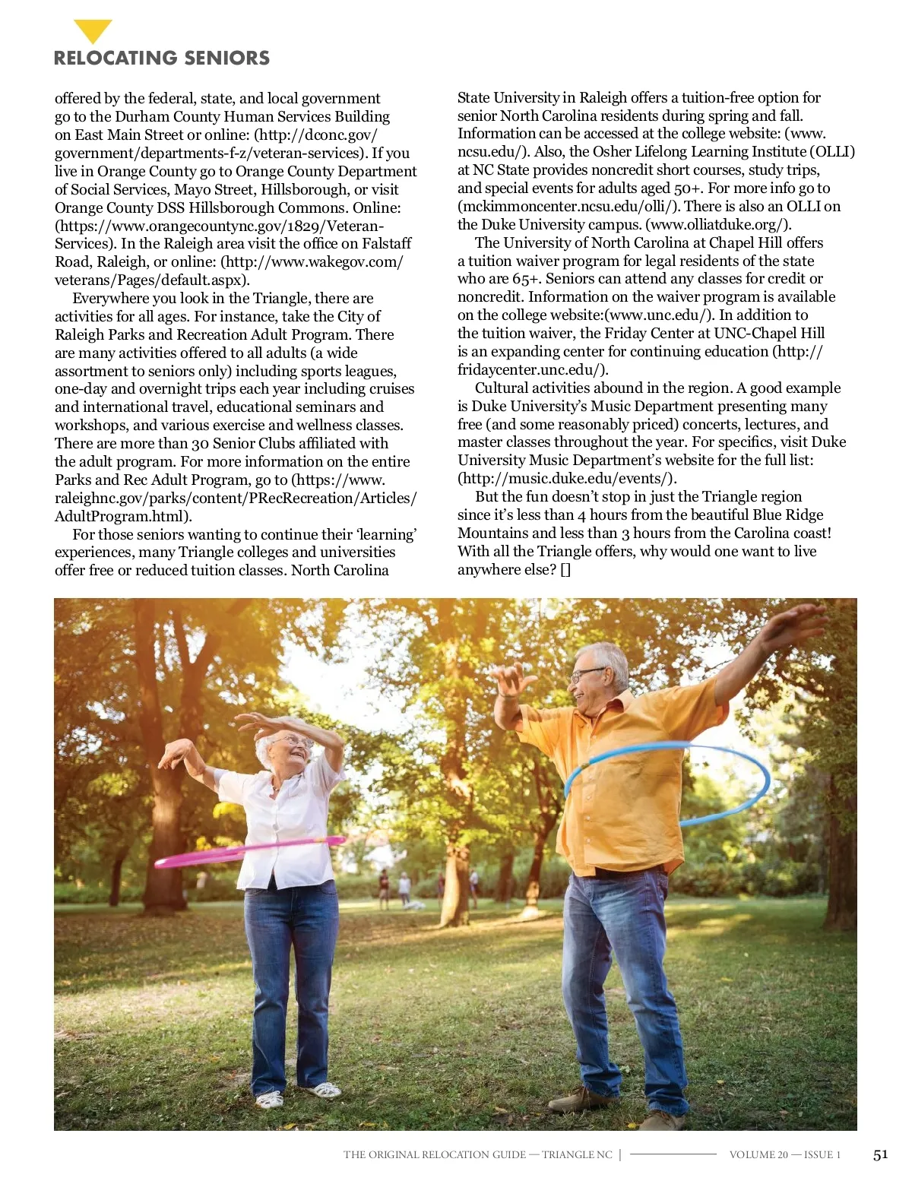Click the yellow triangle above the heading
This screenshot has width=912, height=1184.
click(93, 30)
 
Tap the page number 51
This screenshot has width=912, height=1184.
click(880, 1154)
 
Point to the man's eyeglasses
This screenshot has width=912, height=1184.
click(586, 674)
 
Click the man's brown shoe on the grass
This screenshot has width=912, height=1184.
click(578, 1098)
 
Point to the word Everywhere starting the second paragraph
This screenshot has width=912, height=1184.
click(111, 299)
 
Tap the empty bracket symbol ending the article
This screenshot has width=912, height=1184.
click(565, 570)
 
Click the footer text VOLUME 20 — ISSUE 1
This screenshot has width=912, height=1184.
click(784, 1155)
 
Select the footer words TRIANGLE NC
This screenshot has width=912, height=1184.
click(577, 1155)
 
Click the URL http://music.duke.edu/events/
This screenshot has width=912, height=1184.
click(567, 479)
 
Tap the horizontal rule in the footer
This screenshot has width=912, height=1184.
click(673, 1154)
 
